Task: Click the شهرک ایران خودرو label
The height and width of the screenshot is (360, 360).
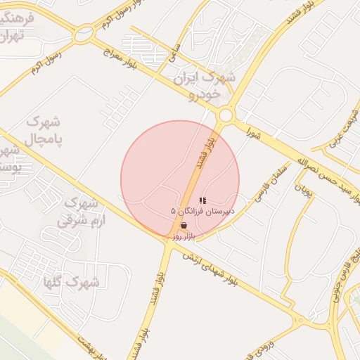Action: pos(217,84)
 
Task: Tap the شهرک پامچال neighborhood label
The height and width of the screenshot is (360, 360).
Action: pos(44,130)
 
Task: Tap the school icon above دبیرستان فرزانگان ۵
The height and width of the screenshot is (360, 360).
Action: pos(202,200)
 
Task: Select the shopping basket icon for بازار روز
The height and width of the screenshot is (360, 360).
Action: pos(184,226)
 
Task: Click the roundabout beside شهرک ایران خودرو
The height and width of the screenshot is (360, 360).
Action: pos(225,115)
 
